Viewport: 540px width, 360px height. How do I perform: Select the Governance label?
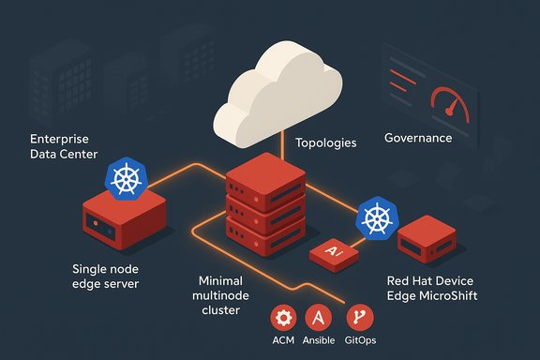click(x=418, y=138)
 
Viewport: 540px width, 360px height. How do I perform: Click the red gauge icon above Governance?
click(x=446, y=100)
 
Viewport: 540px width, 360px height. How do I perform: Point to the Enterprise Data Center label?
click(x=64, y=145)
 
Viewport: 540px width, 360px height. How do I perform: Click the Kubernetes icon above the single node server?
click(x=126, y=179)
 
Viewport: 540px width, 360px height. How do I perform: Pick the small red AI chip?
click(x=333, y=253)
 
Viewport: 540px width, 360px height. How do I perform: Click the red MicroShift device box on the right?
click(x=427, y=245)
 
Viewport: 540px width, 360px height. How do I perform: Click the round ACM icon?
click(x=284, y=317)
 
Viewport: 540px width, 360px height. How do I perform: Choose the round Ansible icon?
click(x=322, y=317)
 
